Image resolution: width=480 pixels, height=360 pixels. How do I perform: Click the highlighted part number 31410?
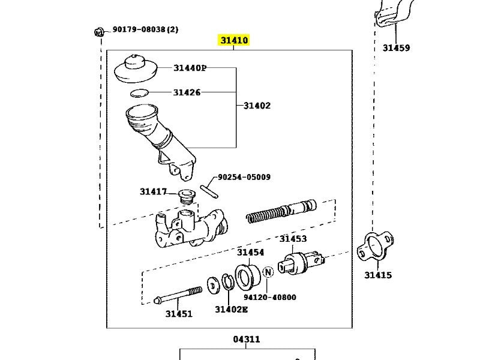233,41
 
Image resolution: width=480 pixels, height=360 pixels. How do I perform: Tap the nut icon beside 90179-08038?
99,31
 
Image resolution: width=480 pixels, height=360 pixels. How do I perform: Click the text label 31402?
257,106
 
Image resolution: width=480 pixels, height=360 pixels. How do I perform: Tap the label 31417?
153,191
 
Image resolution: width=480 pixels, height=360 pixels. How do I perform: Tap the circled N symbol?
268,272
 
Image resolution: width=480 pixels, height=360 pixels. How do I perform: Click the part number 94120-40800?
269,297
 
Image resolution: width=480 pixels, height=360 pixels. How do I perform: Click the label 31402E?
231,309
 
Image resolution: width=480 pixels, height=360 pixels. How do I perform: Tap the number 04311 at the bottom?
247,339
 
